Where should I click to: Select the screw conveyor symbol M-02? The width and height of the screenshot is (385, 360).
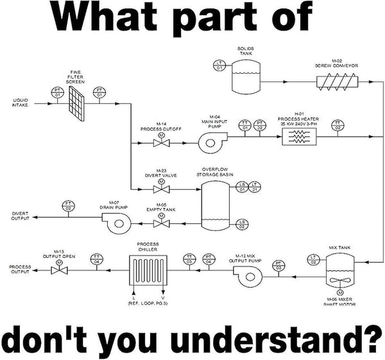(337, 81)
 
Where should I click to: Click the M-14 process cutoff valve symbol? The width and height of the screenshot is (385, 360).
(160, 143)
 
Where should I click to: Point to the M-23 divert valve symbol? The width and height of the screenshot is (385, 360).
(160, 189)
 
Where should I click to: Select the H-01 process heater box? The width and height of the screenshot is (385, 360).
(300, 135)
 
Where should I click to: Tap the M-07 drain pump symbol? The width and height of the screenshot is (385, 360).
(117, 222)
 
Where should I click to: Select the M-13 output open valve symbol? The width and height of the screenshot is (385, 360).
(60, 270)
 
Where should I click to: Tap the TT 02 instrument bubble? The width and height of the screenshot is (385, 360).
(338, 124)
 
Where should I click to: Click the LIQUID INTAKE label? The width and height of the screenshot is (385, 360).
(20, 102)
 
